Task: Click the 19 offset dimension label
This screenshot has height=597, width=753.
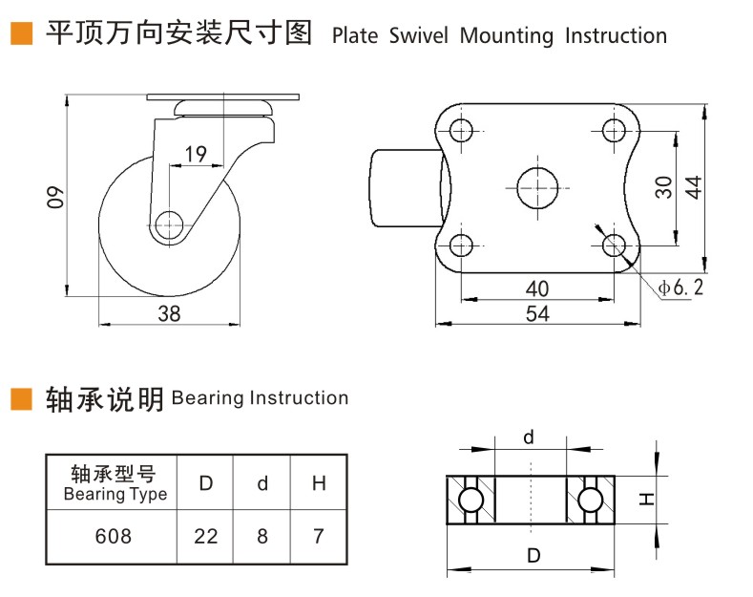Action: pyautogui.click(x=196, y=154)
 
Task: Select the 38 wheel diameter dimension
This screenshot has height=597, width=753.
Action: pyautogui.click(x=169, y=313)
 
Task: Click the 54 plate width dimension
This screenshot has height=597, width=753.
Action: pyautogui.click(x=537, y=313)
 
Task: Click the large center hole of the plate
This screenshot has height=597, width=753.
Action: pyautogui.click(x=537, y=186)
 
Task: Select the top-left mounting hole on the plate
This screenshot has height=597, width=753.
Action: pyautogui.click(x=461, y=130)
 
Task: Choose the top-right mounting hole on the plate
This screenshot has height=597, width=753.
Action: pyautogui.click(x=614, y=130)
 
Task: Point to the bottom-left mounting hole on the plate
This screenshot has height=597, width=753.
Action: pyautogui.click(x=461, y=244)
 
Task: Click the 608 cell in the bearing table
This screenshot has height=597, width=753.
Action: pyautogui.click(x=114, y=536)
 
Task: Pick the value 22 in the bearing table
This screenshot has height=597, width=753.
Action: pyautogui.click(x=206, y=536)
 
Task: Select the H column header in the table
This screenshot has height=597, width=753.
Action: pyautogui.click(x=319, y=482)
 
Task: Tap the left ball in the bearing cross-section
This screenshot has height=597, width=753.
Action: pyautogui.click(x=470, y=500)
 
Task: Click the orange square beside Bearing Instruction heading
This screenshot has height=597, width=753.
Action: pyautogui.click(x=20, y=398)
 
